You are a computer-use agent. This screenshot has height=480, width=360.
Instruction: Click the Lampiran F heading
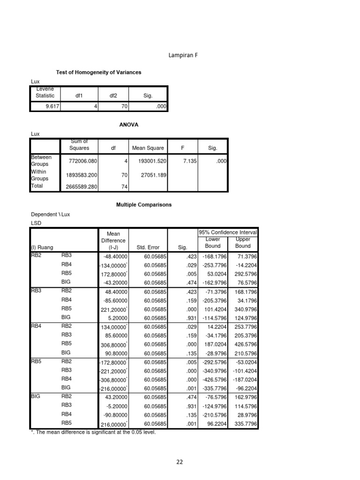click(183, 55)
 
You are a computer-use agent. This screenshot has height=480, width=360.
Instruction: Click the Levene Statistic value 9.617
click(45, 107)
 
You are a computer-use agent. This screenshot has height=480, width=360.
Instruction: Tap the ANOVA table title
click(129, 125)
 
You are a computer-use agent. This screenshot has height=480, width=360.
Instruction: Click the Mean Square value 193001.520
click(148, 160)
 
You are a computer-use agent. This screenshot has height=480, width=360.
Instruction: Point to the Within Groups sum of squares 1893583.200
click(79, 175)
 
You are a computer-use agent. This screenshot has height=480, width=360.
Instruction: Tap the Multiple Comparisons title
click(144, 205)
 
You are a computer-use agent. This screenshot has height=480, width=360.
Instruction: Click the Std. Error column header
click(148, 247)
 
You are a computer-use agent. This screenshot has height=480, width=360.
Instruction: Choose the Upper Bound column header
click(243, 243)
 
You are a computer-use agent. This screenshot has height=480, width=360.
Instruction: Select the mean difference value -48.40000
click(113, 257)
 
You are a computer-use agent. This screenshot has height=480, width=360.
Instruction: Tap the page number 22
click(180, 462)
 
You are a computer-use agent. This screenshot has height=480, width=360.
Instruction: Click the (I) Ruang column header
click(42, 247)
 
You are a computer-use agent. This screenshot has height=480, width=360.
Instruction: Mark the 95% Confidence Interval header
click(228, 233)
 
